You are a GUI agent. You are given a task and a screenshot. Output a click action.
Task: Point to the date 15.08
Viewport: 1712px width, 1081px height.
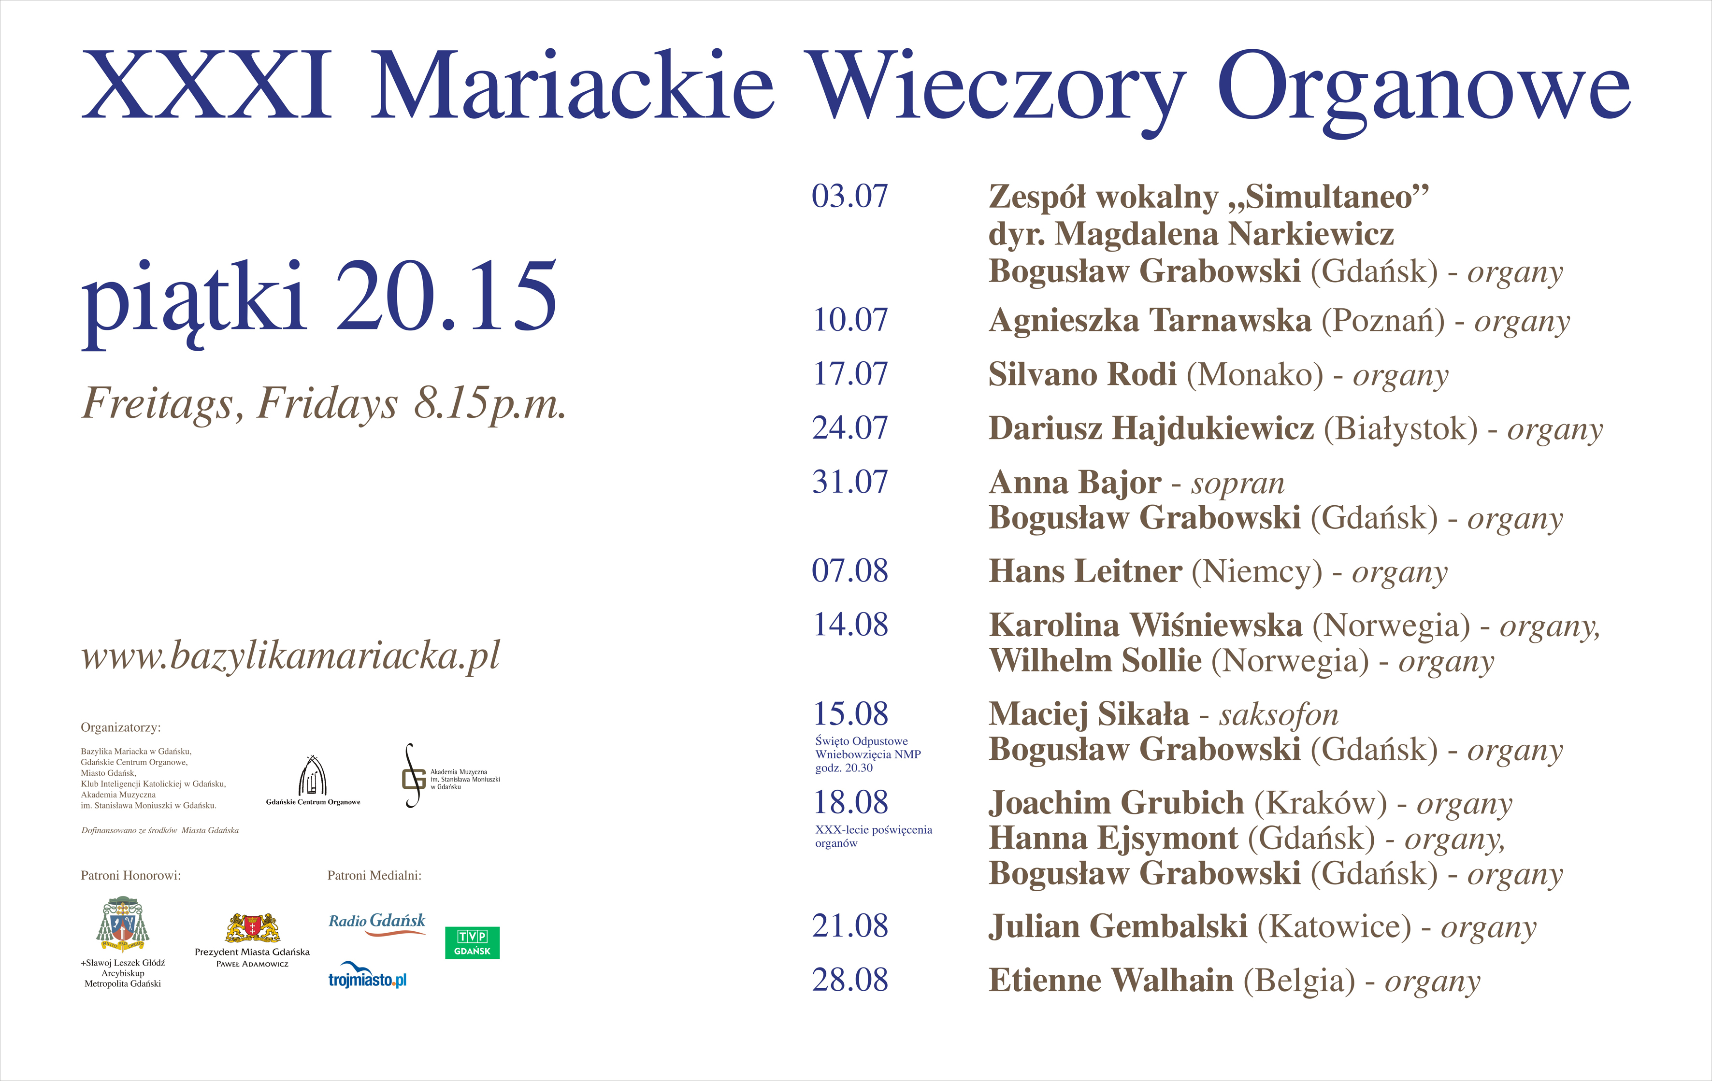pos(850,713)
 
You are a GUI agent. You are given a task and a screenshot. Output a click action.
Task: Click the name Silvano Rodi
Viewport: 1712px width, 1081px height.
pos(1082,374)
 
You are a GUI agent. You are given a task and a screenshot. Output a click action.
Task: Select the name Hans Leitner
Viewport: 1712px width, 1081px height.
pos(1085,571)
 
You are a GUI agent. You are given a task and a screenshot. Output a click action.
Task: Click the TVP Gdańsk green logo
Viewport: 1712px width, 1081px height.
pos(472,942)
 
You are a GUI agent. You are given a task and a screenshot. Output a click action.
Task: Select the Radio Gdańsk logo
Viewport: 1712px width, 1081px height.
pos(377,923)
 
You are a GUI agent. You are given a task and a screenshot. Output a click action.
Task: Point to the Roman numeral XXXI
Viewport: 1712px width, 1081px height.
pos(206,85)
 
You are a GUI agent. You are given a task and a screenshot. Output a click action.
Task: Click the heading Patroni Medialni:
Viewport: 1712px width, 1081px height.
pos(374,876)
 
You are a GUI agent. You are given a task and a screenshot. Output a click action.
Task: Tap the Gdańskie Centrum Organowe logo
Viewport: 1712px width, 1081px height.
pos(313,781)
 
